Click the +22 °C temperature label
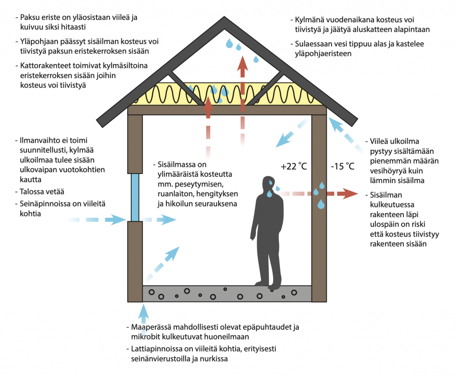click(293, 166)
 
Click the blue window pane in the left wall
click(135, 197)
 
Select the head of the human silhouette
click(269, 184)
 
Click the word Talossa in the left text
click(33, 192)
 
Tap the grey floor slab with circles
click(227, 294)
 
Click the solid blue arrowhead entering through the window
click(120, 220)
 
